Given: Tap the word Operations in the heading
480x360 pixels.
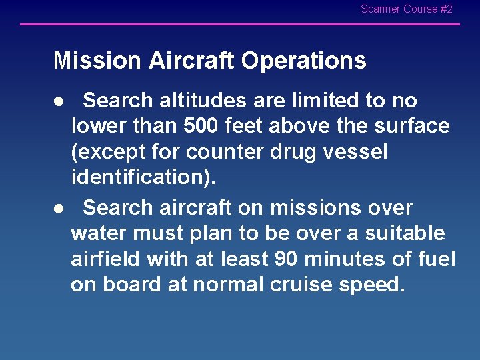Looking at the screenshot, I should (303, 61).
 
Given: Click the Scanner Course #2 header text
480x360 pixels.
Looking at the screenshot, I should (406, 9).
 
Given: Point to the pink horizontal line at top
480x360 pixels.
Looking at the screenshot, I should (240, 25).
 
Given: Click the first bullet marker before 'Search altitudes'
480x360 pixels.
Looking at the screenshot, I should (59, 101).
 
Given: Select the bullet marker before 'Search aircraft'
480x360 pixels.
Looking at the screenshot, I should (59, 209).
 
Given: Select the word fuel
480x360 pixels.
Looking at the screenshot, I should (436, 259).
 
